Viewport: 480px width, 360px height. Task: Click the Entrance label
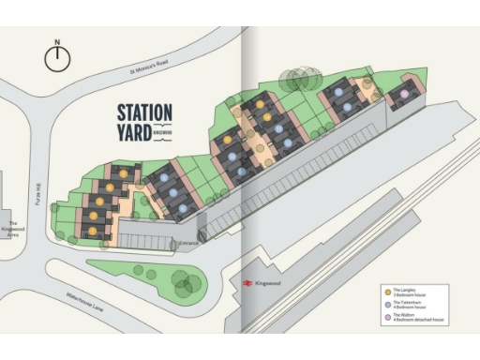tap(188, 247)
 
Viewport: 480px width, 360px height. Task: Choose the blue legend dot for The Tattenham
tap(386, 305)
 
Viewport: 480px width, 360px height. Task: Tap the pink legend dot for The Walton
tap(386, 317)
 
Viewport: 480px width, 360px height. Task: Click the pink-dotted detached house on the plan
tap(403, 95)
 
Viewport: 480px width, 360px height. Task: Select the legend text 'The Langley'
tap(406, 290)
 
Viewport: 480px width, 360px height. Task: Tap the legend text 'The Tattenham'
tap(409, 302)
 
